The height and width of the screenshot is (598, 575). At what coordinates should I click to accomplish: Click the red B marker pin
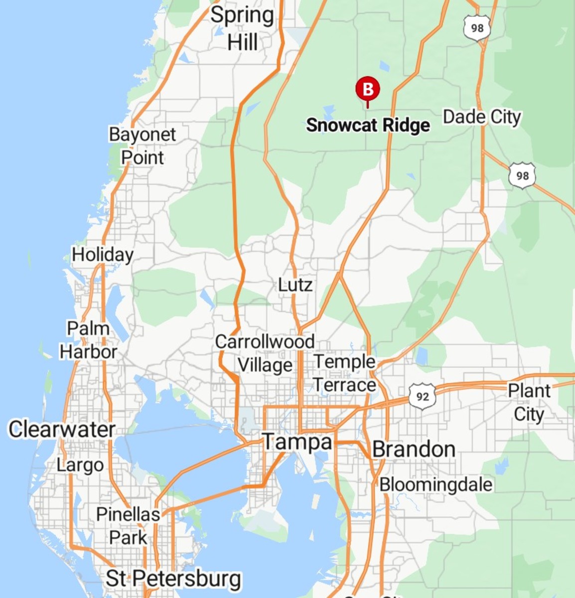pos(368,90)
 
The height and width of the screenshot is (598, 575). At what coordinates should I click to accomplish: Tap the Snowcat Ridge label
pos(368,125)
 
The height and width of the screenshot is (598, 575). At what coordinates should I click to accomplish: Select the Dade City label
pos(482,117)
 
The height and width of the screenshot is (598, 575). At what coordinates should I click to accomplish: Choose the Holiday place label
pos(103,255)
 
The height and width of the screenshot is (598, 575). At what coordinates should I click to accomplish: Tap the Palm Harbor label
pos(88,340)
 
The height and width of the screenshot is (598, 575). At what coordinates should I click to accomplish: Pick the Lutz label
pos(295,285)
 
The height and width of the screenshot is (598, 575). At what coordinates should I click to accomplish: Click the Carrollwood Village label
pos(265,353)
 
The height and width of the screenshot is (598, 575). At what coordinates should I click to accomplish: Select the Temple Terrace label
pos(344,373)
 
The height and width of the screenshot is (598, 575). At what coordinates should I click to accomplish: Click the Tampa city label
pos(297,442)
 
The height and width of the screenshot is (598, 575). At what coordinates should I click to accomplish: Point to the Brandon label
pos(414,449)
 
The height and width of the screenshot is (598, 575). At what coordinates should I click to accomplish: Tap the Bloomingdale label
pos(436,484)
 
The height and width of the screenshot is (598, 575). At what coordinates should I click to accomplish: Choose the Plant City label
pos(529,402)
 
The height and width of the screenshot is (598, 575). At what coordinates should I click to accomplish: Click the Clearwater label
pos(62,429)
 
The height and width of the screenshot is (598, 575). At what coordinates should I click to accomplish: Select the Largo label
pos(80,465)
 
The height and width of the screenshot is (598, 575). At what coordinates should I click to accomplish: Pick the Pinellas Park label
pos(128,526)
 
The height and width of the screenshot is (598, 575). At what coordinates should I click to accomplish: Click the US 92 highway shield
pos(422,397)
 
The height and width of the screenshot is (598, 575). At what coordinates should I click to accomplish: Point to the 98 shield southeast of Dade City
pos(522,176)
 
